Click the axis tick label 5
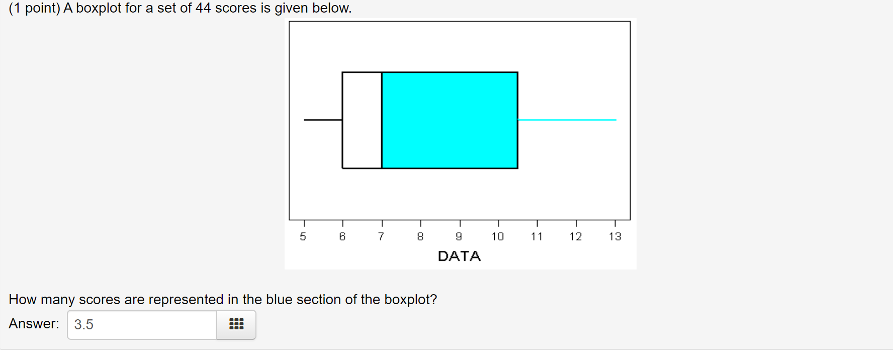(303, 236)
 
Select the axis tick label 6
(342, 236)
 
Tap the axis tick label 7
(381, 236)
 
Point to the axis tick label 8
(420, 236)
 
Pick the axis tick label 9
(459, 236)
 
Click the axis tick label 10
(498, 236)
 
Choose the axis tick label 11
(537, 236)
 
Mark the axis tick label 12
(576, 236)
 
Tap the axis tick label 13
(615, 236)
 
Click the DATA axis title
(459, 256)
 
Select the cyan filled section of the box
(450, 120)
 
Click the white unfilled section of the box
(362, 120)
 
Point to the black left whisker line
(323, 120)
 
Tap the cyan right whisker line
(567, 120)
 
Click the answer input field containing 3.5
(142, 325)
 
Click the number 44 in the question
(203, 8)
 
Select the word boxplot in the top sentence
(99, 8)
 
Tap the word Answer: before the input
(34, 324)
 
